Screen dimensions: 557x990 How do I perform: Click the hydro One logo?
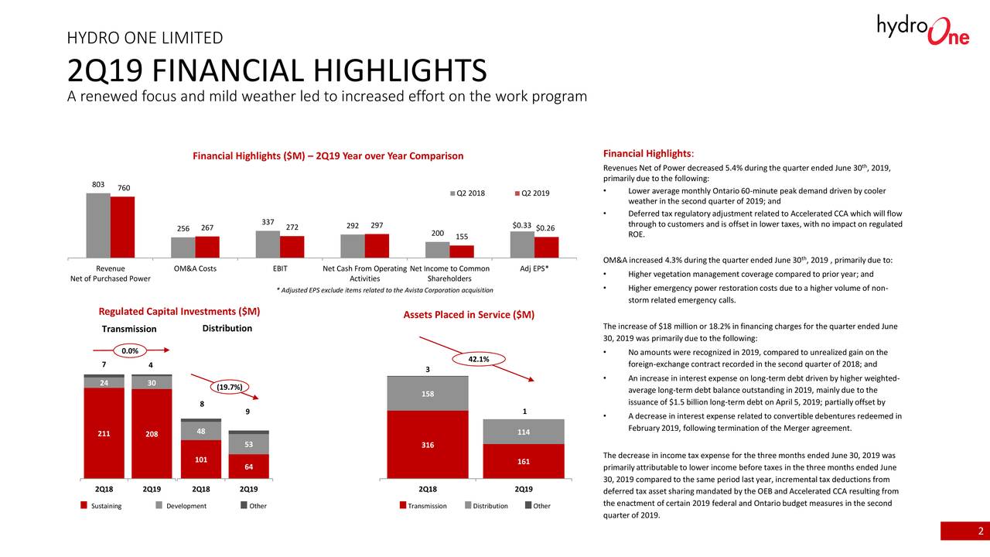pos(923,31)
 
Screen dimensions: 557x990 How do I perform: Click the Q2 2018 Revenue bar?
pos(98,225)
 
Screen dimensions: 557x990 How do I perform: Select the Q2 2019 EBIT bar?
pos(292,246)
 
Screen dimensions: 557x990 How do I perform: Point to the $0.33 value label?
pos(522,225)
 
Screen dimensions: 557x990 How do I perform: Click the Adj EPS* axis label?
pos(534,268)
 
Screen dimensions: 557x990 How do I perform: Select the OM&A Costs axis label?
pos(195,268)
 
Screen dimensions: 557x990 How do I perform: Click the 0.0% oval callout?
pos(130,351)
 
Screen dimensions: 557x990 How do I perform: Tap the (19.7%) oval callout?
pos(229,386)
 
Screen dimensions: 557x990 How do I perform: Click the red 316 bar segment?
pos(428,445)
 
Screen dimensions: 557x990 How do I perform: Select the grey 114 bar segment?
pos(524,432)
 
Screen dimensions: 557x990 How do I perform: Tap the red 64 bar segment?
pos(249,466)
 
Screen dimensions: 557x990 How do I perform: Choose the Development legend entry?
pos(185,506)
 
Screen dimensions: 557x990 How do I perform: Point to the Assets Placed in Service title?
pos(469,315)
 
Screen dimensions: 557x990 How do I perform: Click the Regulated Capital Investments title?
pos(179,311)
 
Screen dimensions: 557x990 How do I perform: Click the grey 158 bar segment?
pos(428,394)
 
